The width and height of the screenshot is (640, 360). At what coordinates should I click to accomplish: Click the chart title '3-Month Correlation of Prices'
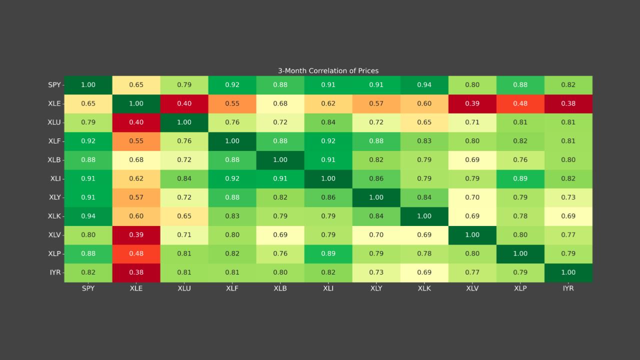click(328, 71)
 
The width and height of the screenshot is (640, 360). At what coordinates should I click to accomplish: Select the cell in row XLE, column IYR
click(568, 103)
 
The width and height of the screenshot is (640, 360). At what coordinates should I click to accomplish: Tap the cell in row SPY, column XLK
click(424, 85)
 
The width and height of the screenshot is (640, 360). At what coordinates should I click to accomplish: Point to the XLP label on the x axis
click(520, 288)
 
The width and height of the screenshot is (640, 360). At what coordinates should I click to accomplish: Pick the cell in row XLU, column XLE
click(136, 122)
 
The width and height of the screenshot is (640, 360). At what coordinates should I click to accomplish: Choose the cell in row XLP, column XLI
click(328, 253)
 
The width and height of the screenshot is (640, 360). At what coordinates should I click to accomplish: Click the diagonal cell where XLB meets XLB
click(280, 160)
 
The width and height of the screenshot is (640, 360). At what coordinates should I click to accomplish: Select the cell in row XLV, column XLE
click(136, 235)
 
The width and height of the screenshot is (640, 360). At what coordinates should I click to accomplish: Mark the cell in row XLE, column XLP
click(520, 103)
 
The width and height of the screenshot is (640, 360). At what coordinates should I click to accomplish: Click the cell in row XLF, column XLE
click(136, 141)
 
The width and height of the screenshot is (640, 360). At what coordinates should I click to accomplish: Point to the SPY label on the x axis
click(88, 288)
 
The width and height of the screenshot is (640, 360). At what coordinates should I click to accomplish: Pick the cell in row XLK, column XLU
click(184, 216)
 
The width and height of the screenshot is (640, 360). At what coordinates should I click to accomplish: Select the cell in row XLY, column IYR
click(568, 197)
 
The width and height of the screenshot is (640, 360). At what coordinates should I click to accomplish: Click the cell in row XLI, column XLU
click(184, 178)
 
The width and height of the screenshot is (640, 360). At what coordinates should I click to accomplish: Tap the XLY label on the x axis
click(376, 288)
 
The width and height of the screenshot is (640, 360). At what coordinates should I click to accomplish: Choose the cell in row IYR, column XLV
click(472, 272)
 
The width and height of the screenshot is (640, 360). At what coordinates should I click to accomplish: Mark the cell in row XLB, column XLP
click(520, 160)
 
